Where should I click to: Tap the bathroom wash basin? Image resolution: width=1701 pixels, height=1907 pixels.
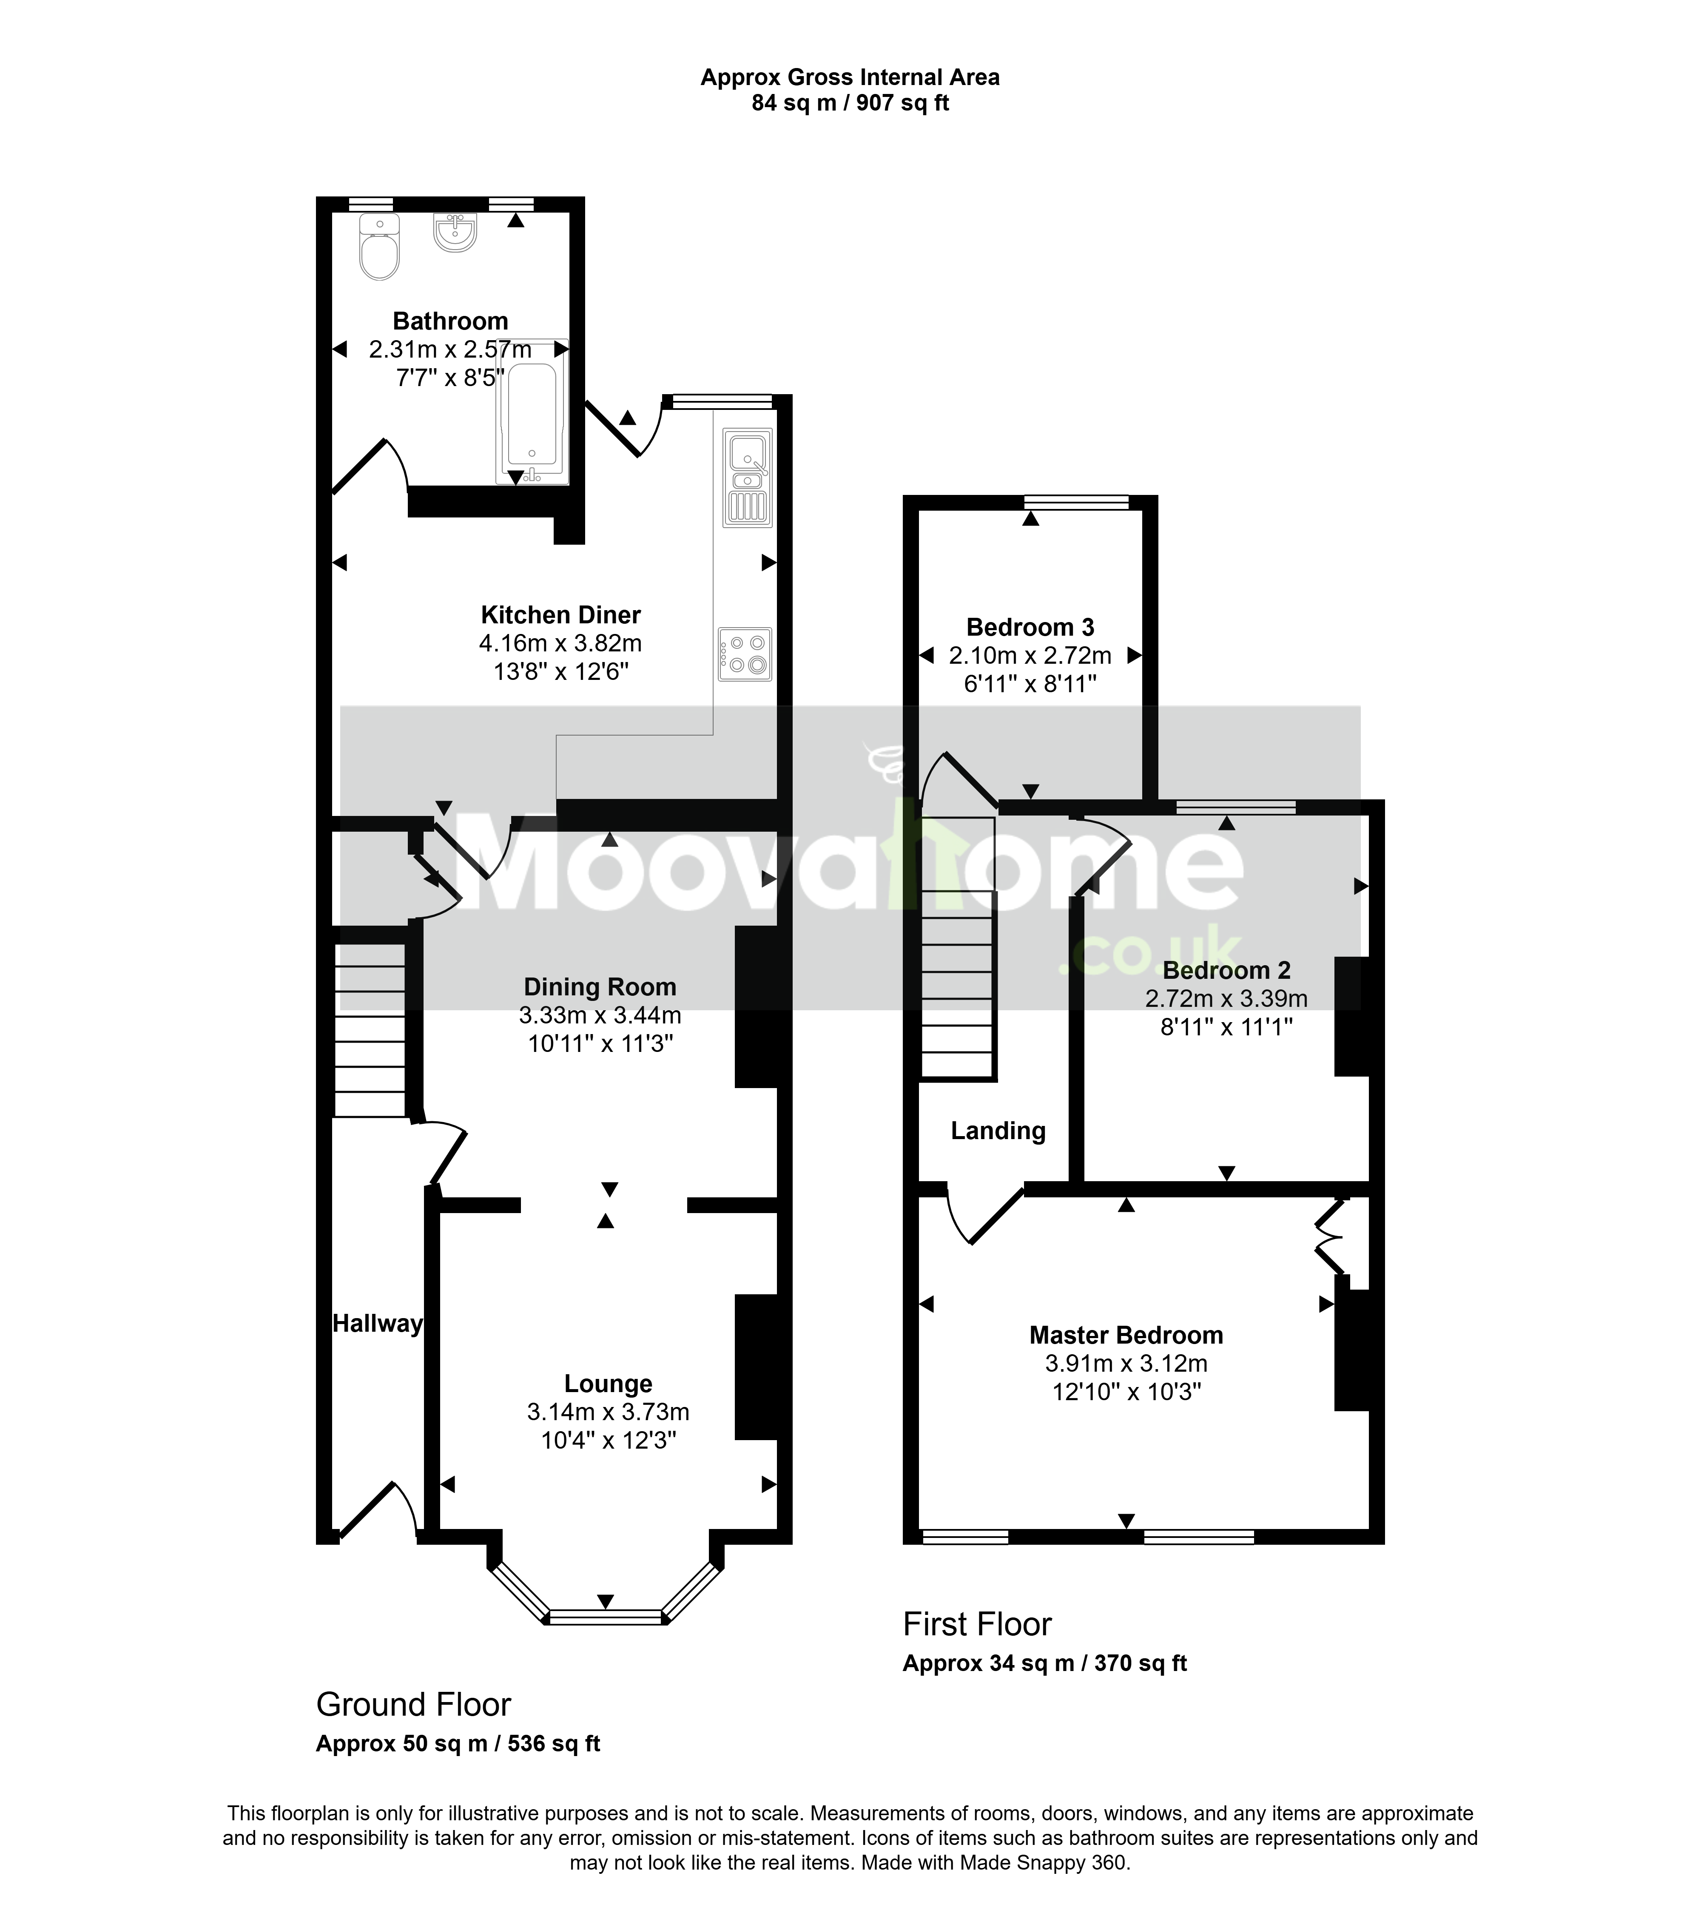click(455, 232)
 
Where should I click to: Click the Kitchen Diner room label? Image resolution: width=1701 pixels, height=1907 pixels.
click(561, 615)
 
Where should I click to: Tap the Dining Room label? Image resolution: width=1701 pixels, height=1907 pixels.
click(600, 987)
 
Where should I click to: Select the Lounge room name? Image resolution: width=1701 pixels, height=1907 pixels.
click(609, 1384)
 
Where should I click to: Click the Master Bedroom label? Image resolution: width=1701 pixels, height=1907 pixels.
click(1126, 1335)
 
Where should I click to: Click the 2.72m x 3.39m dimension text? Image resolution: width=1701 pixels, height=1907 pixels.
click(1226, 999)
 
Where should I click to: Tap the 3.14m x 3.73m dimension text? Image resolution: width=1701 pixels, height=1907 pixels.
click(609, 1412)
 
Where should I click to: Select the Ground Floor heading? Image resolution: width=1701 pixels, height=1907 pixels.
click(414, 1705)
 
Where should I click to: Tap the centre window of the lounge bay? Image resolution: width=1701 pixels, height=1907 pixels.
click(606, 1617)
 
